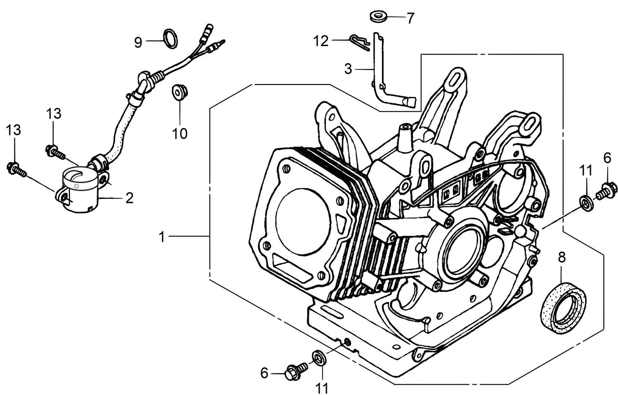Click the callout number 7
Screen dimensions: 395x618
click(410, 18)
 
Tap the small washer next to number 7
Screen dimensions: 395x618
click(378, 18)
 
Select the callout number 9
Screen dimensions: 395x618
click(138, 42)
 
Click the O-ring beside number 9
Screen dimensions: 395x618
click(171, 37)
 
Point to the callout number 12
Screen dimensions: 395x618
click(321, 41)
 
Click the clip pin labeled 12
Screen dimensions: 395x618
click(358, 42)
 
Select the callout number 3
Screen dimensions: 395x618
click(349, 68)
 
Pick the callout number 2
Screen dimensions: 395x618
click(129, 198)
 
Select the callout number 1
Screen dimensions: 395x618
click(162, 237)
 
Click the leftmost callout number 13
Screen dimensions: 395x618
click(14, 130)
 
